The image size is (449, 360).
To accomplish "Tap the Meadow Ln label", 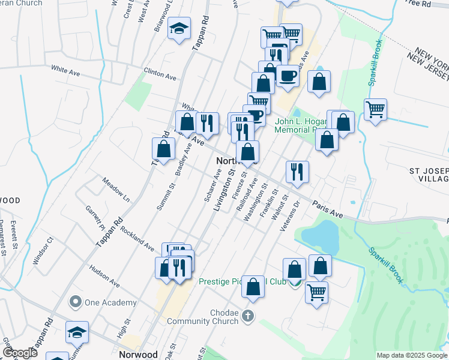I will tap(115, 189).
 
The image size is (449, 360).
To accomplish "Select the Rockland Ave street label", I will tap(137, 237).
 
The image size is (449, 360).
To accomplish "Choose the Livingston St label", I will tap(229, 187).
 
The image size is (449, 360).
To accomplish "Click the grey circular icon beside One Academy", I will tap(75, 301).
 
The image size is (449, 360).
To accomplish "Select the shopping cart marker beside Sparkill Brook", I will tap(375, 110).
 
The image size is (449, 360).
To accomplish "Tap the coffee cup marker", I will tap(288, 76).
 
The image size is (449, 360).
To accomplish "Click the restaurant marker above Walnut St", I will tap(297, 172).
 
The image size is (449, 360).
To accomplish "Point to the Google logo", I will tap(19, 353).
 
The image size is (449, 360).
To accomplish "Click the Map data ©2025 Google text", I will tap(411, 355).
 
